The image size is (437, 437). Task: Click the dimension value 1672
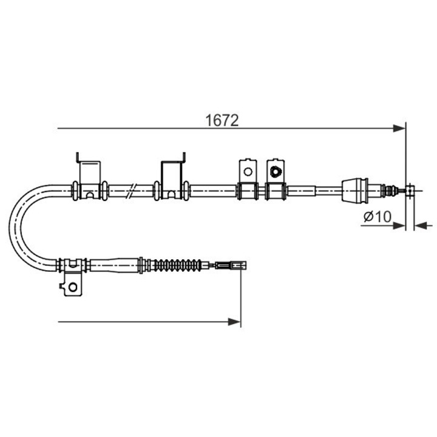coord(222,120)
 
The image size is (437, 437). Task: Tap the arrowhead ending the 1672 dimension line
coord(399,128)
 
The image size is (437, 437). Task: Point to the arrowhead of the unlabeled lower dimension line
coord(235,321)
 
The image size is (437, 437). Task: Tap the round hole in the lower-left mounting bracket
coord(72,286)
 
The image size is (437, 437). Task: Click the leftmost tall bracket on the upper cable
coord(90,176)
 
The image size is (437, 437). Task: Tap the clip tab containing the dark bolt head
coord(275,171)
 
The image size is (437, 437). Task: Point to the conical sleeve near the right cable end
coord(355,191)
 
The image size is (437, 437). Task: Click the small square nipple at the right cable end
coord(411,191)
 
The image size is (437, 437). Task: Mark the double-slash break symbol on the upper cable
coord(132,191)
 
